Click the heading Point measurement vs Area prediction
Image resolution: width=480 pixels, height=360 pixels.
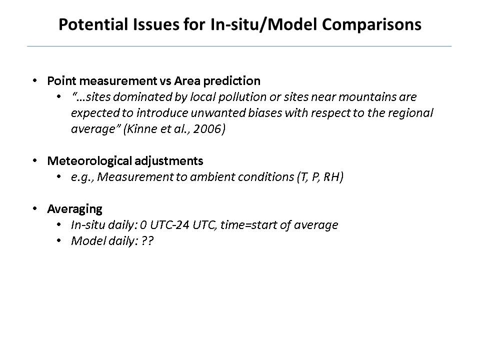click(x=153, y=81)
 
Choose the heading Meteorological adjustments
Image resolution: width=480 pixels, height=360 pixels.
click(x=125, y=161)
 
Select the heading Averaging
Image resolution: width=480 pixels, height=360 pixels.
click(x=74, y=209)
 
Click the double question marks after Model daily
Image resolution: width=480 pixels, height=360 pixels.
click(x=147, y=241)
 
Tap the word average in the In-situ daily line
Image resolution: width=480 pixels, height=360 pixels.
click(x=315, y=225)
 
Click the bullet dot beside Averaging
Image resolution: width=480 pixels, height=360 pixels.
click(x=34, y=208)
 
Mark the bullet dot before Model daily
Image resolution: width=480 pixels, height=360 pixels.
click(x=59, y=240)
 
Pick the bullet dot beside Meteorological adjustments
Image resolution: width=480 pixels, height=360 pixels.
click(x=34, y=160)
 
